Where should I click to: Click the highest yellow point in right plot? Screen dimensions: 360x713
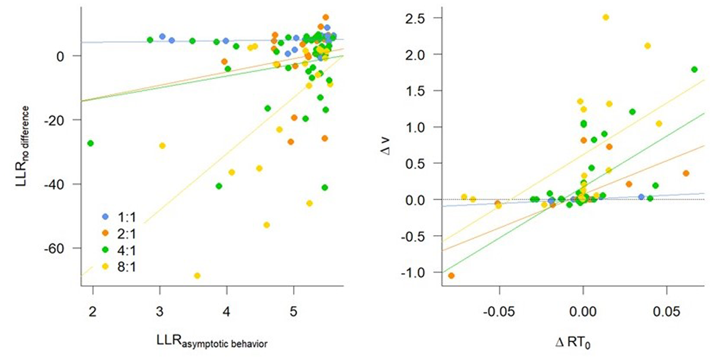pyautogui.click(x=605, y=17)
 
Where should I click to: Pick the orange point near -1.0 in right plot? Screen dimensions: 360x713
pyautogui.click(x=451, y=276)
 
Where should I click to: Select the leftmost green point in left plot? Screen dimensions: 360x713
pyautogui.click(x=90, y=143)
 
